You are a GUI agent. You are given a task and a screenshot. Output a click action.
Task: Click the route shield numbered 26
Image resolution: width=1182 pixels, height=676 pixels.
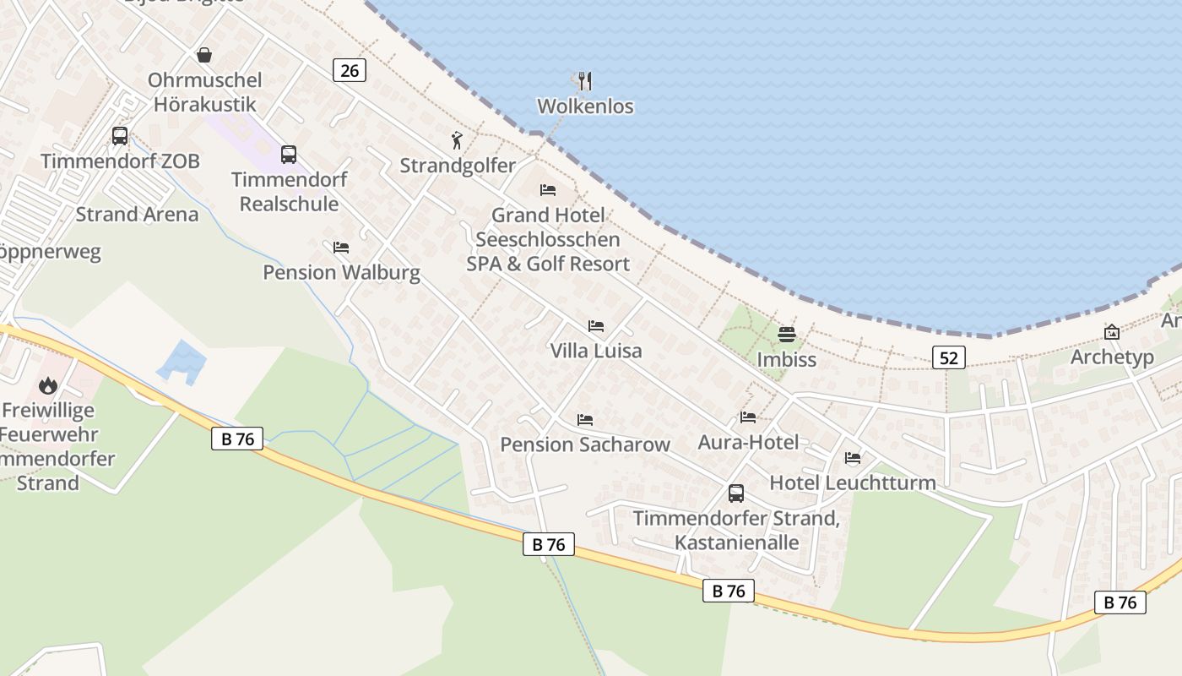click(350, 70)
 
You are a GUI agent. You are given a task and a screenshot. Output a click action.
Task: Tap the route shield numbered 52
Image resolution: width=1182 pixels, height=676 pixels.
click(949, 357)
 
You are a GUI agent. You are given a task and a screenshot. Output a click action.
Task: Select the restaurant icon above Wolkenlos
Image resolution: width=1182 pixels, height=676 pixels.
click(584, 81)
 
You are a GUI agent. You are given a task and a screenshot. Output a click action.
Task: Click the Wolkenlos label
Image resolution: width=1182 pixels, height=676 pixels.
click(585, 106)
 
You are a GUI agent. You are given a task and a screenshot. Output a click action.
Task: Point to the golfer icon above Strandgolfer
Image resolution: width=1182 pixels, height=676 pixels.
click(457, 140)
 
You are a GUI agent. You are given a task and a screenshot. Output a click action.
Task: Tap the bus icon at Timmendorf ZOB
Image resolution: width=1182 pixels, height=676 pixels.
click(120, 135)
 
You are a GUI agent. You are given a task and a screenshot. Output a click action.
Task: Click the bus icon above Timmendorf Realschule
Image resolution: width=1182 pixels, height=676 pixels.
click(289, 155)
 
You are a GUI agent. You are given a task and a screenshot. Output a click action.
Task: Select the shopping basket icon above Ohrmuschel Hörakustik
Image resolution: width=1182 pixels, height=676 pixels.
click(204, 56)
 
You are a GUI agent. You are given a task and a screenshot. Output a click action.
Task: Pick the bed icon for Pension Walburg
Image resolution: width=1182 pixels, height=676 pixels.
click(341, 248)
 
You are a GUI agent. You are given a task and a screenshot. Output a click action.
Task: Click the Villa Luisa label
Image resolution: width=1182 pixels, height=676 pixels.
click(596, 351)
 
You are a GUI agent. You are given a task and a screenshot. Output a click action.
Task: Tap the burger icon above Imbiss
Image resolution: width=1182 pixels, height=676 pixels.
click(787, 335)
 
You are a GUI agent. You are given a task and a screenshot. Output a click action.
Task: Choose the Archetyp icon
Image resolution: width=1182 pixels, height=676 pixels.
click(1112, 333)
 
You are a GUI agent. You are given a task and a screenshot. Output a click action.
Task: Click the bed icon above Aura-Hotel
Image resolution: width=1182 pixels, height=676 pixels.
click(748, 417)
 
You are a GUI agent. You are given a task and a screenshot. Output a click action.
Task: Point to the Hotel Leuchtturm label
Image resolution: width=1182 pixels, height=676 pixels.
click(853, 483)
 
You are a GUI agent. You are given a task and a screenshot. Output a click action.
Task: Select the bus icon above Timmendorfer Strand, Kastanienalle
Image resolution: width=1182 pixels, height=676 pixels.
click(736, 493)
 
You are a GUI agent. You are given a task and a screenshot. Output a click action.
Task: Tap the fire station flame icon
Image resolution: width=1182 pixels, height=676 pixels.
click(48, 386)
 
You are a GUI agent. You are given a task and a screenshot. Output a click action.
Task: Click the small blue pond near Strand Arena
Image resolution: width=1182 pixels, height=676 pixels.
click(182, 362)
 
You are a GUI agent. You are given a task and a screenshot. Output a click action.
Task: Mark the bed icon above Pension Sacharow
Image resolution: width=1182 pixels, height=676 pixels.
click(585, 420)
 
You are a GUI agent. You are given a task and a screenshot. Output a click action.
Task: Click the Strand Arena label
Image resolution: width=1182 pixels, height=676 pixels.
click(138, 215)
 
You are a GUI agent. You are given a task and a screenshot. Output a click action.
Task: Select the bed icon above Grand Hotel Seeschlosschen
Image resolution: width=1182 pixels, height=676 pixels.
click(548, 190)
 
